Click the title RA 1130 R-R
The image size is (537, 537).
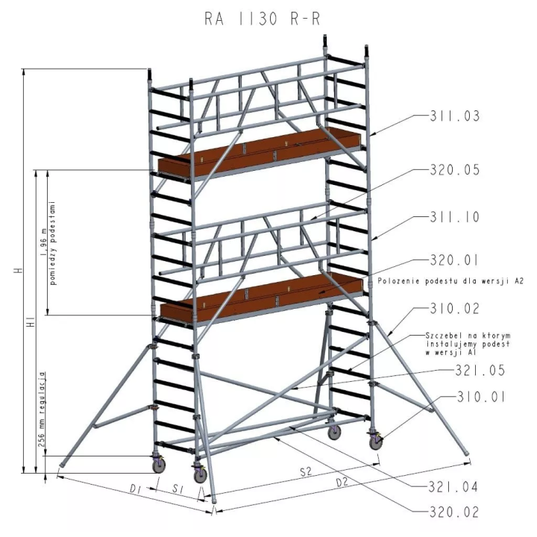pyautogui.click(x=263, y=19)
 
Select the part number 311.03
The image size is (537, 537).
pyautogui.click(x=455, y=116)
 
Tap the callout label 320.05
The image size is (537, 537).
pyautogui.click(x=455, y=170)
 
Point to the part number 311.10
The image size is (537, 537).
pyautogui.click(x=455, y=217)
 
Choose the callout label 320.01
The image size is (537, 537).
pyautogui.click(x=454, y=260)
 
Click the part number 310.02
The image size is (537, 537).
pyautogui.click(x=455, y=309)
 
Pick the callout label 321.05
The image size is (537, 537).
pyautogui.click(x=480, y=371)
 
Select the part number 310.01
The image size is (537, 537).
pyautogui.click(x=481, y=398)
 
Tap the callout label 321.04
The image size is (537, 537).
pyautogui.click(x=453, y=486)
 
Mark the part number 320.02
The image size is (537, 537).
pyautogui.click(x=453, y=512)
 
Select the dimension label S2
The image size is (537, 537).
pyautogui.click(x=306, y=472)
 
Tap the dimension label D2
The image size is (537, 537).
pyautogui.click(x=342, y=483)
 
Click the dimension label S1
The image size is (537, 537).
pyautogui.click(x=177, y=489)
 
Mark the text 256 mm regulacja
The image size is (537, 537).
pyautogui.click(x=41, y=409)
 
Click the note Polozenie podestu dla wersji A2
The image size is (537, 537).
pyautogui.click(x=450, y=281)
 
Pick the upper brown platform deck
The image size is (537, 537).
pyautogui.click(x=260, y=151)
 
